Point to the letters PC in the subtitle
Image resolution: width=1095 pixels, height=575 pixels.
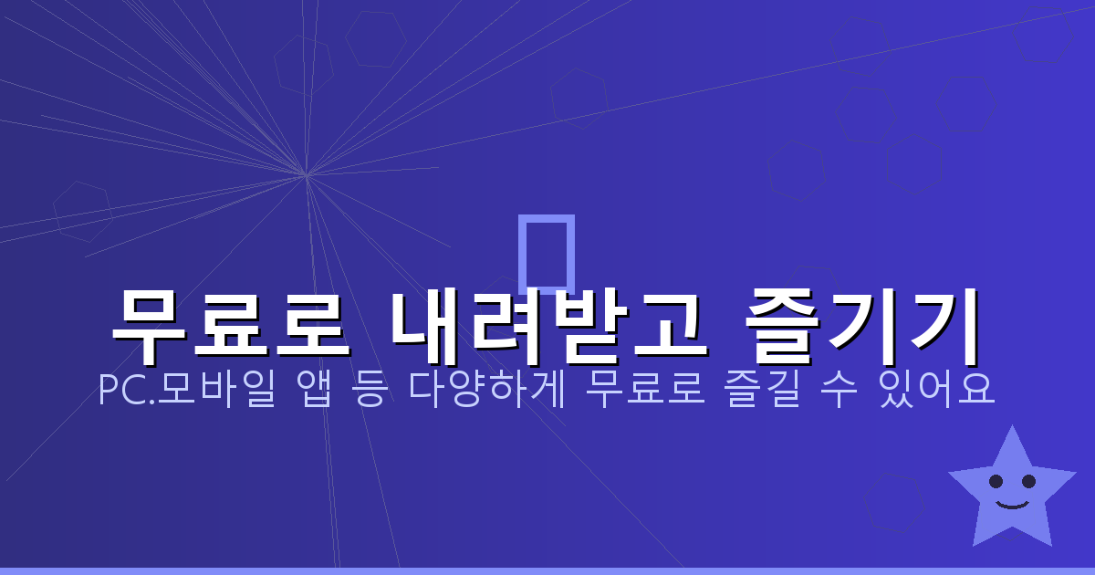[x=117, y=392]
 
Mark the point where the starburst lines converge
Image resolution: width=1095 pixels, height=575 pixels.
[x=307, y=174]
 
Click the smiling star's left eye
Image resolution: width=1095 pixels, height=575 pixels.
[x=996, y=480]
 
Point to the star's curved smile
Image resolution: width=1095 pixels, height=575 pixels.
[x=1012, y=503]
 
